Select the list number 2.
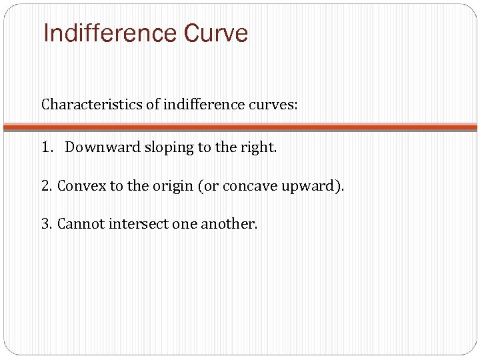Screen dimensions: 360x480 coord(47,186)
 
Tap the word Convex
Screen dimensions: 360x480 coord(78,186)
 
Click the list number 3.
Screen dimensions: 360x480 coord(47,224)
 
